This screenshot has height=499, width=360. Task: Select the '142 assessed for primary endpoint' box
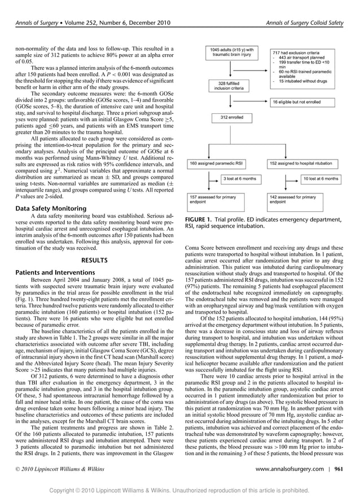(297, 198)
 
